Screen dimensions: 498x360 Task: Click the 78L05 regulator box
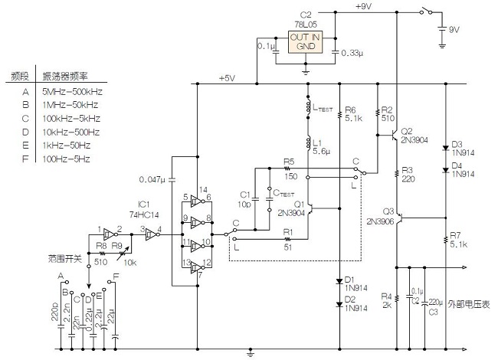click(x=305, y=41)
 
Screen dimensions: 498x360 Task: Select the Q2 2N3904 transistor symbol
click(x=394, y=135)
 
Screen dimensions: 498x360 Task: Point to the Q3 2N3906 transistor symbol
click(x=399, y=218)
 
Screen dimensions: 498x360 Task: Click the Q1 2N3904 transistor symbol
click(x=310, y=208)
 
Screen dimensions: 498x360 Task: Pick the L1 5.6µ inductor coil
click(x=308, y=143)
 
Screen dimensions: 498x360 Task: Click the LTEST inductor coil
click(x=308, y=107)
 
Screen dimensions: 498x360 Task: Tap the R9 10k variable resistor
click(x=123, y=253)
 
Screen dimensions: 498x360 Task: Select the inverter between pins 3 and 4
click(x=152, y=234)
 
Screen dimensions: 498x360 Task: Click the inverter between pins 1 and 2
click(x=110, y=234)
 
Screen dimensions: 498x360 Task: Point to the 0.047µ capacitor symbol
click(x=172, y=180)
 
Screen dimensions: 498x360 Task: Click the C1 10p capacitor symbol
click(x=254, y=200)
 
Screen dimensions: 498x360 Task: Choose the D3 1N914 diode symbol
click(x=446, y=149)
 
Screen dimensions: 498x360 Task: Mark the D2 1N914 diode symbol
click(x=339, y=304)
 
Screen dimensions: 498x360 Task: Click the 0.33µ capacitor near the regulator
click(x=336, y=52)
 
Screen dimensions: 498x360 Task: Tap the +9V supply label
click(x=363, y=6)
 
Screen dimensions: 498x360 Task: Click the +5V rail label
click(x=227, y=78)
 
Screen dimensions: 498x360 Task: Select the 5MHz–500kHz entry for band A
click(x=73, y=92)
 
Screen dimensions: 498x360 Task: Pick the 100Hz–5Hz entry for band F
click(x=66, y=159)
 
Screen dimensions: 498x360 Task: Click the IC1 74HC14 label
click(x=144, y=210)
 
